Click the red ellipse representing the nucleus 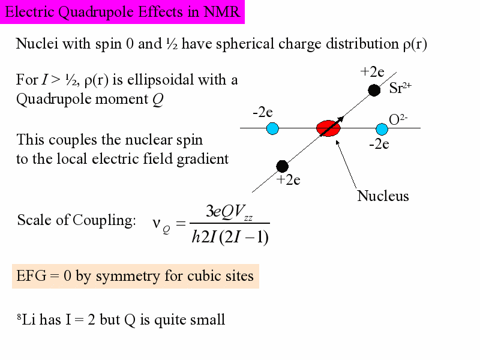coord(328,128)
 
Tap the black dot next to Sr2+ coord(374,91)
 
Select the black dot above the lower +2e coord(282,166)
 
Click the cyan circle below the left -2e coord(272,128)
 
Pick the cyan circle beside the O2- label coord(382,129)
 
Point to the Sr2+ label coord(400,88)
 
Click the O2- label coord(398,119)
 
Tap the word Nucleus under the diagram coord(383,196)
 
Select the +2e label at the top coord(372,72)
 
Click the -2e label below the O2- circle coord(379,143)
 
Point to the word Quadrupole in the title coord(96,12)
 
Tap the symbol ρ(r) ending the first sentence coord(415,44)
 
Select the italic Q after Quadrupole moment coord(158,99)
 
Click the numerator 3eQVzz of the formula coord(229,212)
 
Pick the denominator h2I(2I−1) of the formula coord(230,236)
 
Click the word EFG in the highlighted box coord(31,276)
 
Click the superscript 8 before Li coord(19,316)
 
